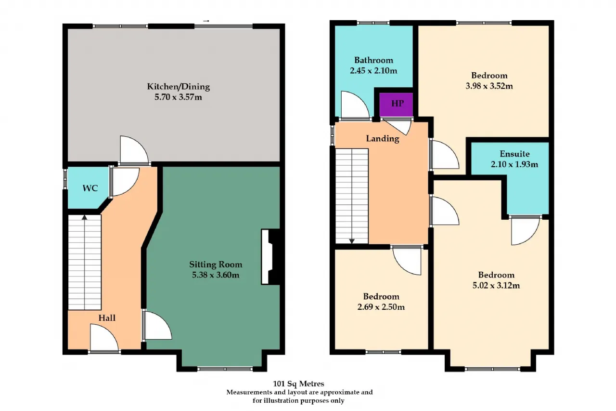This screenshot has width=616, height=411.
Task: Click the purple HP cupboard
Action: (396, 105)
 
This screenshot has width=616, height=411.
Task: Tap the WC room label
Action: (90, 188)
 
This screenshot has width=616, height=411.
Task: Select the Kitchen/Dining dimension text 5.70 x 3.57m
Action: (178, 97)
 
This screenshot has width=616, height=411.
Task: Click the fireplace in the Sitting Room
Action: (270, 256)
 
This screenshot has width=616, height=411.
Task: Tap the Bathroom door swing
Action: (355, 105)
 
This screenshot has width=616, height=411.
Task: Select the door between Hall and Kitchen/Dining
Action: (134, 150)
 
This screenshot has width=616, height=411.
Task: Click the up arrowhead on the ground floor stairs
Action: (84, 217)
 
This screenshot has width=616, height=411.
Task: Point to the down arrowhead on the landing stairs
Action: (352, 241)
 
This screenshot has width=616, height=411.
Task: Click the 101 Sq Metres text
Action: (298, 384)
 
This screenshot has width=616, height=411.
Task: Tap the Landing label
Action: (383, 138)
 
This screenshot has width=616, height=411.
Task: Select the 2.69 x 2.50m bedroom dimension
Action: (381, 306)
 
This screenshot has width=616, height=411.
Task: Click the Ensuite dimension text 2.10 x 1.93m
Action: (514, 164)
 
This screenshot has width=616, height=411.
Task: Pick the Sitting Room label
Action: (216, 265)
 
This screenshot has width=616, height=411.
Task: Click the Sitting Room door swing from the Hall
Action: (157, 325)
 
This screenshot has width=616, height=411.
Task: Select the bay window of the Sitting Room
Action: (225, 369)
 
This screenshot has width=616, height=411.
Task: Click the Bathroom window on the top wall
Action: (373, 23)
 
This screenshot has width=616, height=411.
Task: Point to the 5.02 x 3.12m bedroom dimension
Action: (496, 285)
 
